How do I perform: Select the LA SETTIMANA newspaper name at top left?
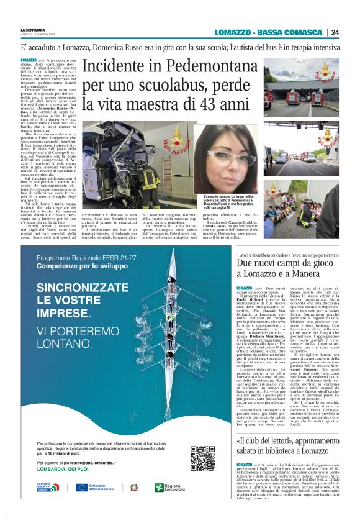click(33, 30)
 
